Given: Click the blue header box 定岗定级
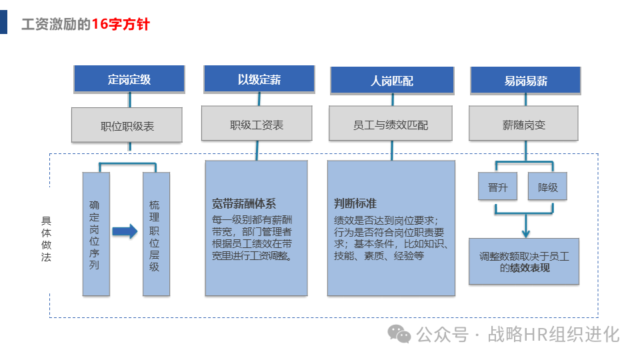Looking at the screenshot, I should point(129,79).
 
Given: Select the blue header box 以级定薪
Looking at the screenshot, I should point(259,79).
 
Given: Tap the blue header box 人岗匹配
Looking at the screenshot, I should point(392,80).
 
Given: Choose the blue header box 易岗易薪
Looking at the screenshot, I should point(525,80).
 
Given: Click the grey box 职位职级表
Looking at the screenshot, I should point(127,125).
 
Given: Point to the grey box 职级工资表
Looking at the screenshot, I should point(257,125).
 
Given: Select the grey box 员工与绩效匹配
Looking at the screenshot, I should point(391,125).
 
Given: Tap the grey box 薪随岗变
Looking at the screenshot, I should point(523,125).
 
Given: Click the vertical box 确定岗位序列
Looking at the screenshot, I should point(95,233).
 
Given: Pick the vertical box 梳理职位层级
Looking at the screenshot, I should point(156,233).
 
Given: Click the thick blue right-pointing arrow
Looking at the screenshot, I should point(125,231).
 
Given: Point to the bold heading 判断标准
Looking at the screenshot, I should point(355,203).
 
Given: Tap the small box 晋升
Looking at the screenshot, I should point(497,187).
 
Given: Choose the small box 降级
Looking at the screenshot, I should point(547,187).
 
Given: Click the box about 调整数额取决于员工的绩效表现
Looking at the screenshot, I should point(524,261).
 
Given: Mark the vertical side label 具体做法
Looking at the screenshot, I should point(46,238).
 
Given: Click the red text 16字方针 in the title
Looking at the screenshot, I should point(121,25).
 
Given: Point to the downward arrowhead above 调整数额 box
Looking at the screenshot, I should point(525,233).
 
